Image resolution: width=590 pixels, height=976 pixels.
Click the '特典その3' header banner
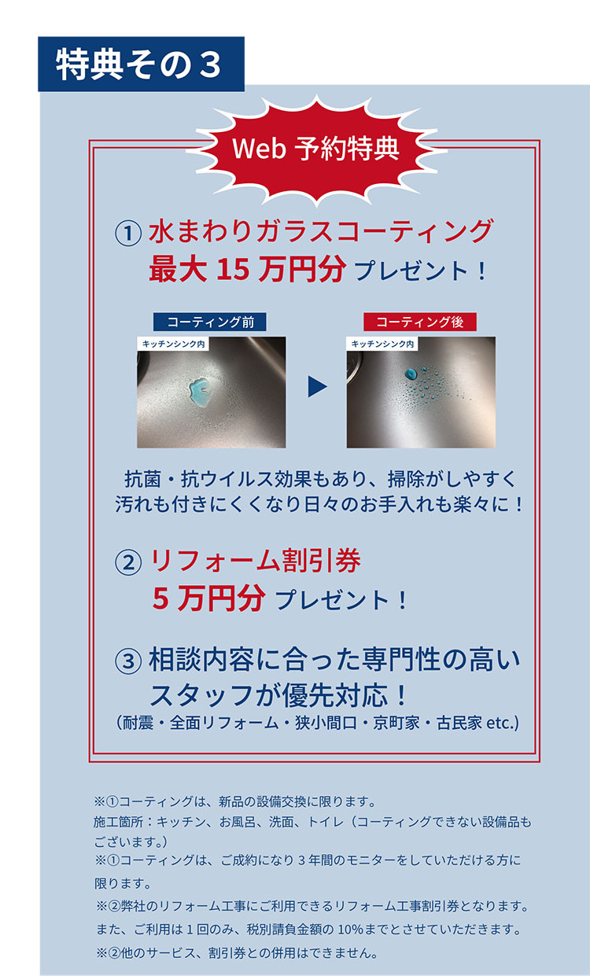[141, 64]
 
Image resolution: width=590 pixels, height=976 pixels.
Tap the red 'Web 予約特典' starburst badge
[316, 149]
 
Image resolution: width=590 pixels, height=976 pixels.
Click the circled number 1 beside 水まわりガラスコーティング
[128, 232]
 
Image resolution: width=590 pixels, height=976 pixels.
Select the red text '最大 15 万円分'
[248, 269]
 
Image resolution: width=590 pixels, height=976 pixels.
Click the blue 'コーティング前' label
[209, 322]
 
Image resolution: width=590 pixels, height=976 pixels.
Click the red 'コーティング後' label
[420, 322]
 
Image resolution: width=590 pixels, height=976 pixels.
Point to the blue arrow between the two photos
[317, 386]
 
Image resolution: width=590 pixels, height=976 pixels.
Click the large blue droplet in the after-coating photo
[411, 374]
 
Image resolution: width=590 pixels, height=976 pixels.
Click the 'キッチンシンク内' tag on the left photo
[173, 344]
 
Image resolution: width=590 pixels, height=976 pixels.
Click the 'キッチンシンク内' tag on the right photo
[382, 344]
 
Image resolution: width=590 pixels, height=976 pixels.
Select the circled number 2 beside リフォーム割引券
[128, 562]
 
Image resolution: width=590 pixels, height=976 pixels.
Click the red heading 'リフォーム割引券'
[256, 560]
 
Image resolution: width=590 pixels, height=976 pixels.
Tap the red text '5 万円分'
[209, 598]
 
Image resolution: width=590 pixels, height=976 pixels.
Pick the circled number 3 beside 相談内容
[128, 661]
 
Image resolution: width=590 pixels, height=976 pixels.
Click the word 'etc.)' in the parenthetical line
[503, 723]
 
